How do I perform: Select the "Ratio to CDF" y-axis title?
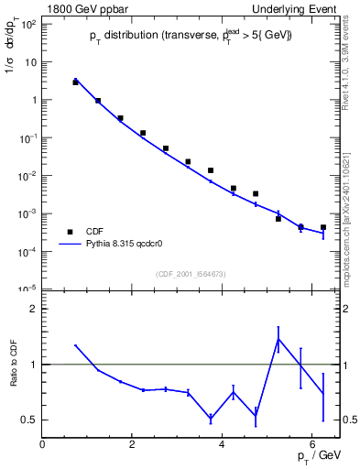coord(14,377)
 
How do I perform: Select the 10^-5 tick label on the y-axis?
coord(27,289)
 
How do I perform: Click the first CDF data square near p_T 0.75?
coord(75,82)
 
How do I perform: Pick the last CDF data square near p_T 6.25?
coord(322,227)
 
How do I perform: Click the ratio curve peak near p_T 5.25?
coord(278,339)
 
